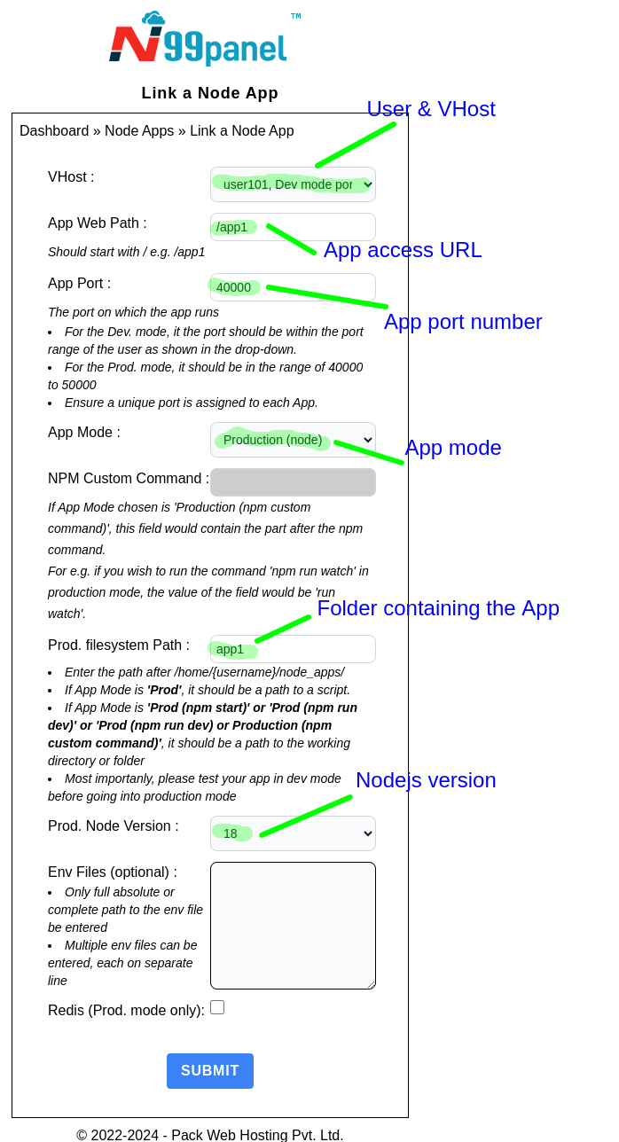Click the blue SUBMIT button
(x=210, y=1071)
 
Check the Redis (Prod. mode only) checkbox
(x=217, y=1007)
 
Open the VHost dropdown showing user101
(x=293, y=184)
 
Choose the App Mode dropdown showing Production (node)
(x=293, y=440)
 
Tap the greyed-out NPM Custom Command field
(x=293, y=482)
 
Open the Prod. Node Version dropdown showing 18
(x=293, y=833)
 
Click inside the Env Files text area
(x=293, y=926)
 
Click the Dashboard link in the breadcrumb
(x=54, y=131)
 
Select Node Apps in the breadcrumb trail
(x=139, y=131)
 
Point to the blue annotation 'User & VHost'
(x=431, y=109)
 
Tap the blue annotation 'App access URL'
(x=403, y=250)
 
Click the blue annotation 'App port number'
(x=463, y=322)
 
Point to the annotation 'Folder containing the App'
(x=438, y=608)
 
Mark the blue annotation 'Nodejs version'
(x=426, y=780)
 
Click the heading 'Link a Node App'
(x=210, y=93)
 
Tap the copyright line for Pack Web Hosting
(x=210, y=1135)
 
